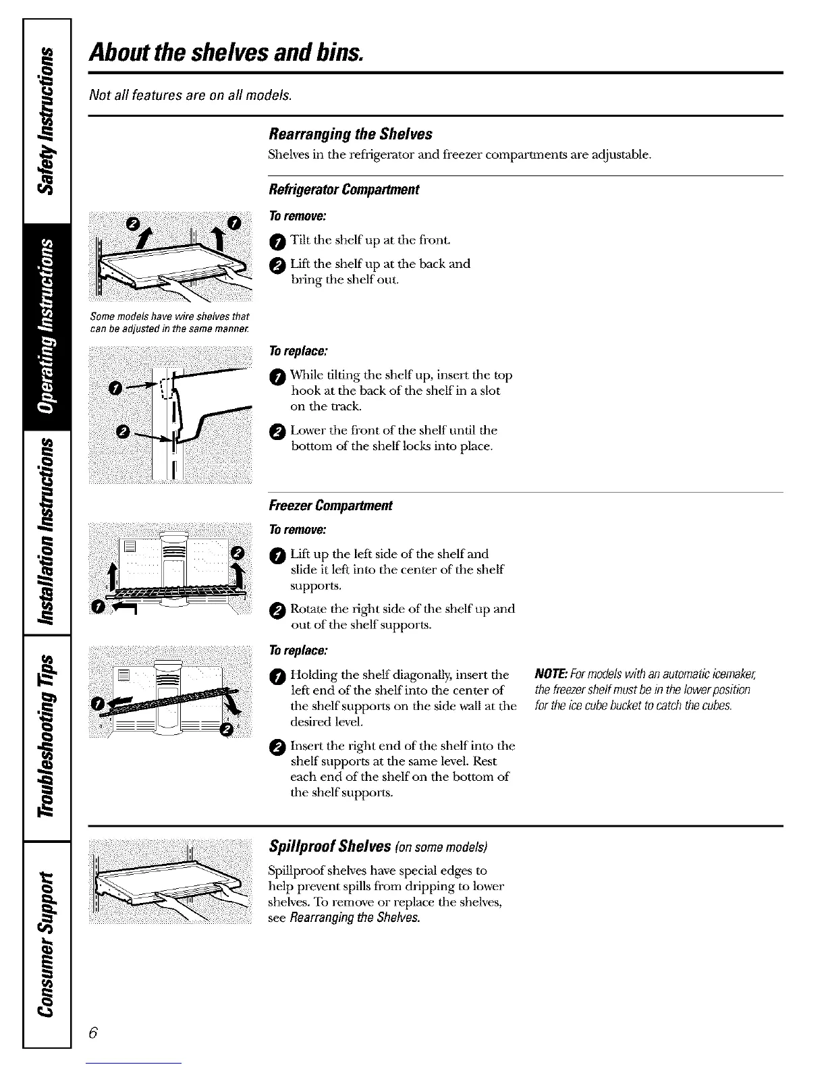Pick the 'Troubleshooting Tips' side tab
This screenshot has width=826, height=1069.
click(x=47, y=738)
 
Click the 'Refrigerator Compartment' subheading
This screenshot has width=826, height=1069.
click(x=343, y=190)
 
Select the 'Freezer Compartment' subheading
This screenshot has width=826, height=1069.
click(x=330, y=505)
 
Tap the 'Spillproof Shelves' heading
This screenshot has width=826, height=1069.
click(x=330, y=846)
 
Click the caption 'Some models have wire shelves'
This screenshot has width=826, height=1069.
click(x=169, y=322)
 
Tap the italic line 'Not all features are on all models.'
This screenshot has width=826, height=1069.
click(x=190, y=94)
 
